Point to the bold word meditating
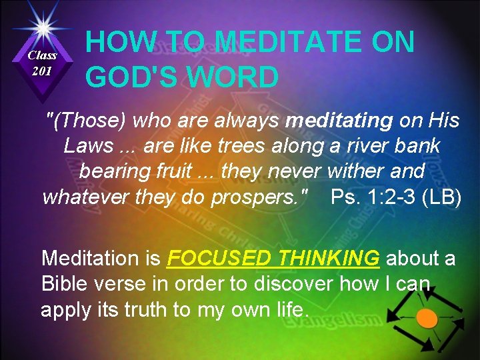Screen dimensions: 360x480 (x=339, y=121)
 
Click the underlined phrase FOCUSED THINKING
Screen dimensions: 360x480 (x=274, y=258)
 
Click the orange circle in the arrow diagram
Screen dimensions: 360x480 (x=427, y=319)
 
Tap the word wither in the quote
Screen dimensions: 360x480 (x=353, y=171)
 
